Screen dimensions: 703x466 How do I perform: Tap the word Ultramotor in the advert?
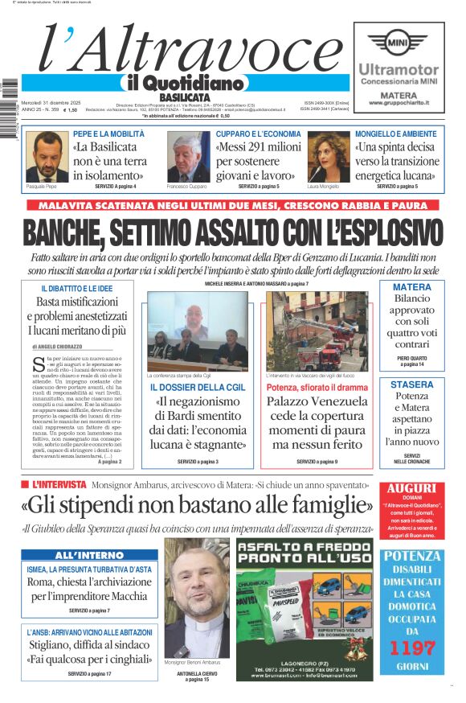[399, 70]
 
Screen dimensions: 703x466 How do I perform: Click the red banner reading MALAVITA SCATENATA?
[232, 206]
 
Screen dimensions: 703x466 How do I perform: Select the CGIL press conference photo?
[198, 331]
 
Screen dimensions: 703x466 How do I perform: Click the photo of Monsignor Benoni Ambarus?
[197, 598]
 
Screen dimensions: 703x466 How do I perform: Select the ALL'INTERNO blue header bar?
[89, 555]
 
